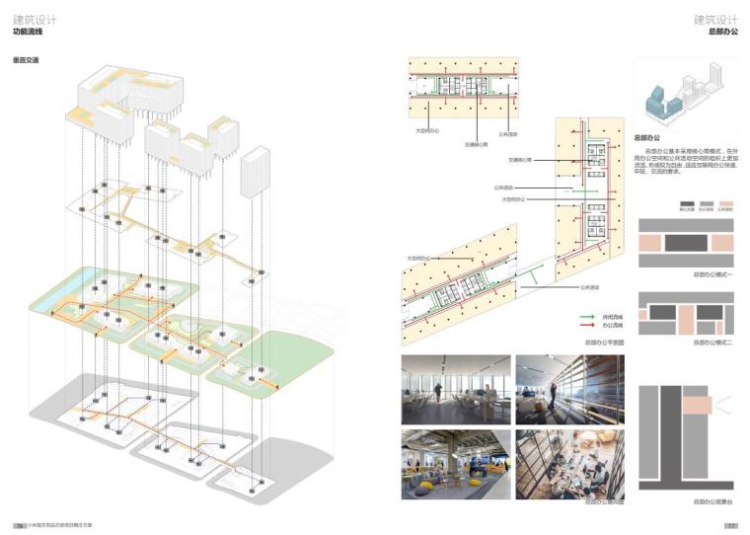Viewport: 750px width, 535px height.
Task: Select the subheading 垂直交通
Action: pyautogui.click(x=26, y=61)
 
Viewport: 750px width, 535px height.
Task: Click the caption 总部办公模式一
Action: pyautogui.click(x=712, y=274)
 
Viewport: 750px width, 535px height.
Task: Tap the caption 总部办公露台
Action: pyautogui.click(x=712, y=501)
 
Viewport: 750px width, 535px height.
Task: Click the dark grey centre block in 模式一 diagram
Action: pyautogui.click(x=687, y=242)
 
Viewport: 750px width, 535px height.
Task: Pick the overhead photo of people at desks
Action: pyautogui.click(x=570, y=465)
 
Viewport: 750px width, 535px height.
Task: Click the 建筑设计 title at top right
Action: pyautogui.click(x=715, y=19)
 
